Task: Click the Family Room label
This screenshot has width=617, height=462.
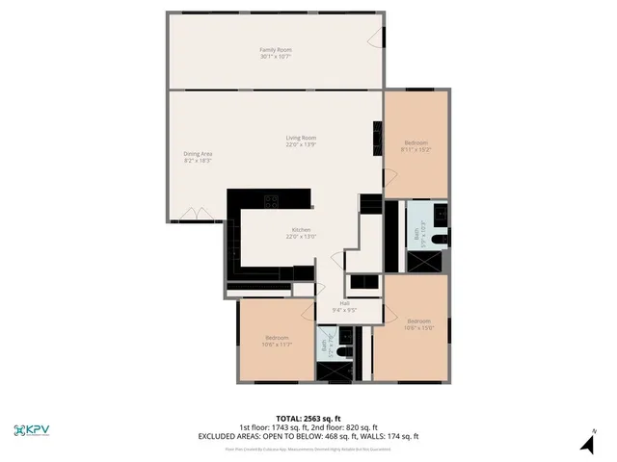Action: coord(276,49)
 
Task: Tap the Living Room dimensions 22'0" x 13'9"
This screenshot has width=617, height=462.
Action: coord(301,144)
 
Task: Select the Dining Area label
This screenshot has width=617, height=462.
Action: coord(199,153)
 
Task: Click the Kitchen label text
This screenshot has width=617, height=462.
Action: coord(301,230)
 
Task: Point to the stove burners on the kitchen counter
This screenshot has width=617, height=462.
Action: coord(272,201)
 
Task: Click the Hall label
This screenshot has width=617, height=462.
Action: coord(344,303)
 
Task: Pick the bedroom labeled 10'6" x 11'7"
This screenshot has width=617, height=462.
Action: coord(278,342)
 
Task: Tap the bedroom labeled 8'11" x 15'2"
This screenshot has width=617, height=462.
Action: coord(416,148)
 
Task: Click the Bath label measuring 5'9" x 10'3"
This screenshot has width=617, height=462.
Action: coord(416,233)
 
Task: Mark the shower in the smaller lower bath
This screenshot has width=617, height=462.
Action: coord(328,372)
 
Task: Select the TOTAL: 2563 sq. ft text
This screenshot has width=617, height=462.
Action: coord(308,419)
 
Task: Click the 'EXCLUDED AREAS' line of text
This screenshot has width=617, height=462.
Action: coord(308,436)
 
